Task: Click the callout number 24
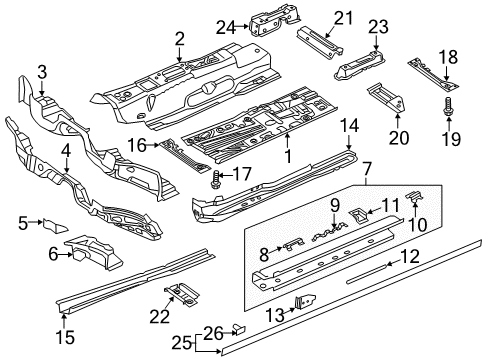[226, 27]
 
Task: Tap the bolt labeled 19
[448, 107]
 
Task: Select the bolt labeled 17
[215, 179]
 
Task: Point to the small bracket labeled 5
[55, 226]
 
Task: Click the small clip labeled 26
[239, 329]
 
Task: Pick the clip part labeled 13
[305, 302]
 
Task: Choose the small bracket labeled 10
[415, 197]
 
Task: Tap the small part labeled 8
[293, 244]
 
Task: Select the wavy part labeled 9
[328, 231]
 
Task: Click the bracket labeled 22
[182, 294]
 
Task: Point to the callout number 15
[65, 337]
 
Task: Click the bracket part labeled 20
[387, 98]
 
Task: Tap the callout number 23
[378, 27]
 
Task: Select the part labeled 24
[274, 20]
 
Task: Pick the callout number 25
[182, 343]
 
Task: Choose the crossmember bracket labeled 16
[185, 156]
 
